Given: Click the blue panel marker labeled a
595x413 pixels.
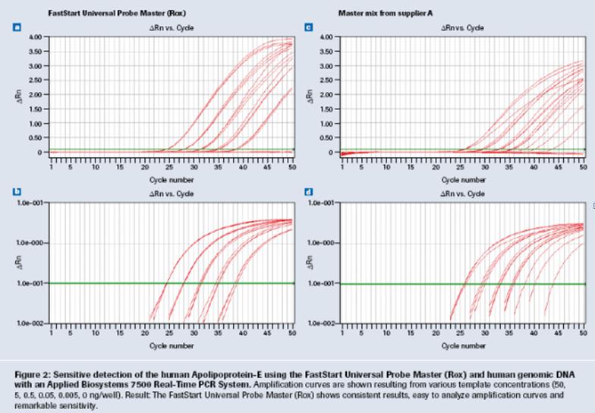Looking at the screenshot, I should (17, 28).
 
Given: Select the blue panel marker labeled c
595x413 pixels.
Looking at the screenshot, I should (308, 28).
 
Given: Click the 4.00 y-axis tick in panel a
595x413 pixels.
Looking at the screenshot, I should (35, 36).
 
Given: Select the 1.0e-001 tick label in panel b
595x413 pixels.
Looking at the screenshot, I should (32, 283).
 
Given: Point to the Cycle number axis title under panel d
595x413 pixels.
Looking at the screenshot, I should (463, 345).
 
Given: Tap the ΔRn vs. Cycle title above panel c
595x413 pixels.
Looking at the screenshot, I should (463, 28).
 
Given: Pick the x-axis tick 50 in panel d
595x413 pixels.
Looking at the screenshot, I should (582, 333).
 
